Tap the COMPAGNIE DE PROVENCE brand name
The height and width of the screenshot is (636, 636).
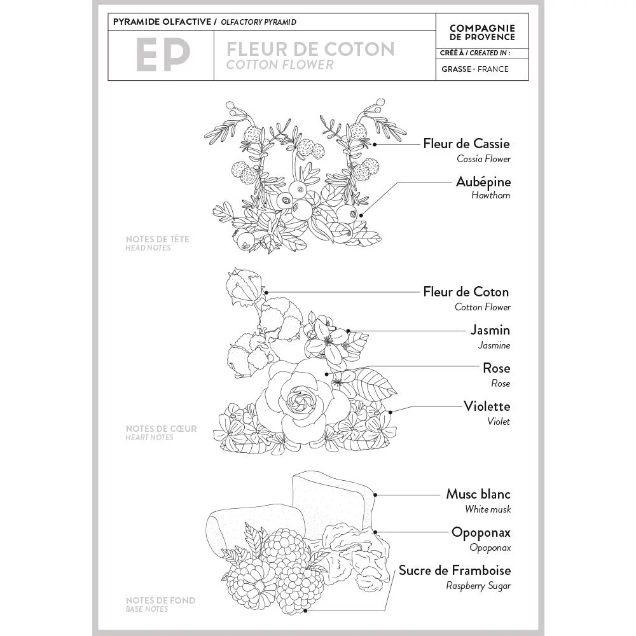pos(482,32)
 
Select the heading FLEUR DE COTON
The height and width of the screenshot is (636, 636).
pos(310,49)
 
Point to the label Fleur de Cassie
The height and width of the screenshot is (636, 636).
pos(466,144)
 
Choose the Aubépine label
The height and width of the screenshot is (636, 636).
pos(483,182)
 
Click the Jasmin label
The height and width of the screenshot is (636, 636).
pos(490,330)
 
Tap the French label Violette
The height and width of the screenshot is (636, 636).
pos(487,406)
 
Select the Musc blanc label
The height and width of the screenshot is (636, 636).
pos(478,494)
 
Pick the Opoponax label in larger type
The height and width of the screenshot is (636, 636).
pos(481,532)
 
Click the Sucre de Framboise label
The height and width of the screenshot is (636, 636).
pos(455,570)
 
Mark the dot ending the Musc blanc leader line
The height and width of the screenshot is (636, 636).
pos(377,494)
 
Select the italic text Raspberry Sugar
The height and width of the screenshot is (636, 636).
pos(478,586)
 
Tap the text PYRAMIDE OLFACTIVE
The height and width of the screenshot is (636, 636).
pos(163,22)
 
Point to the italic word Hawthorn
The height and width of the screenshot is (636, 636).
pos(490,196)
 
